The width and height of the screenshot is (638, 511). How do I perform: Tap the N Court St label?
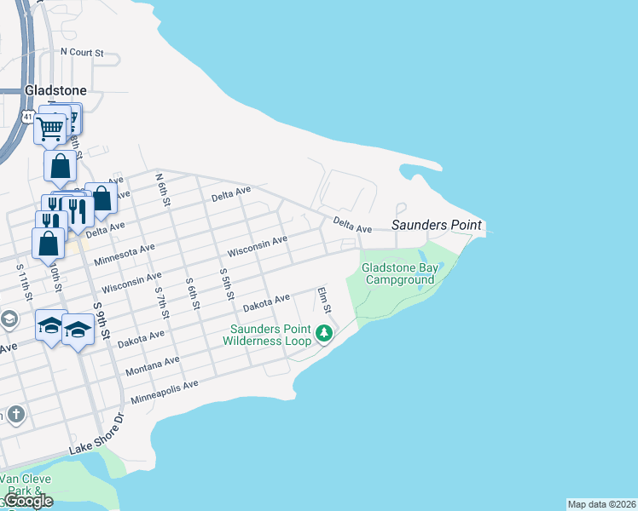[x=82, y=52]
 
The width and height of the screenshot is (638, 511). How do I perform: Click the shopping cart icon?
[x=50, y=129]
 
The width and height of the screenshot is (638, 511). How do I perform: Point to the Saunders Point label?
[x=437, y=226]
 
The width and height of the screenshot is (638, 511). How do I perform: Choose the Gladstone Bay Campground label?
[x=398, y=273]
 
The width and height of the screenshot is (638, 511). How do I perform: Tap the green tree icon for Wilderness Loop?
[x=323, y=333]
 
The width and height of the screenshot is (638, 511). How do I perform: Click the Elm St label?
[x=323, y=300]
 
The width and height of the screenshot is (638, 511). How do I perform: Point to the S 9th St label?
[x=102, y=321]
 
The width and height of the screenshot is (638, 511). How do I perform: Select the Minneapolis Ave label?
[x=164, y=392]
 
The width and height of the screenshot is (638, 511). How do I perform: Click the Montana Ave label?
[x=152, y=367]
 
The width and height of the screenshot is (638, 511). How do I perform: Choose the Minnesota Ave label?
[x=125, y=254]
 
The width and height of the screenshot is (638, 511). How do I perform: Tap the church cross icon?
[x=15, y=415]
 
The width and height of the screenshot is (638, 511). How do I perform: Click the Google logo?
[x=28, y=501]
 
